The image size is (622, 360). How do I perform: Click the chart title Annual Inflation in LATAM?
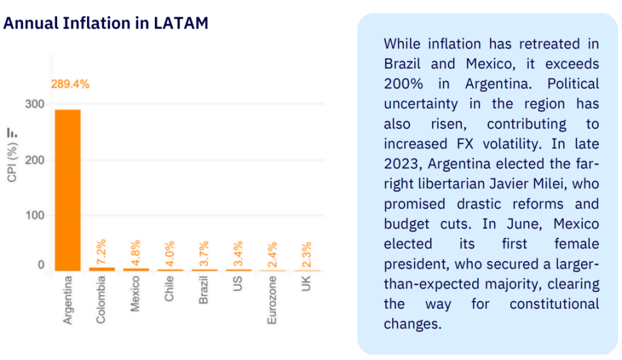pos(106,23)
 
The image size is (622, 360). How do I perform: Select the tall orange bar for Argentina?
pos(68,190)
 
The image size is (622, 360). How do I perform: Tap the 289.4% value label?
pos(70,84)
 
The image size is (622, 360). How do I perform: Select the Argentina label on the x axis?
pos(68,299)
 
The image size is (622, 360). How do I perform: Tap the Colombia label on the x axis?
pos(102,299)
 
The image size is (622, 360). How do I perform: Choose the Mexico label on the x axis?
pos(136,295)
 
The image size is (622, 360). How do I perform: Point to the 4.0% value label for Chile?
pos(170,253)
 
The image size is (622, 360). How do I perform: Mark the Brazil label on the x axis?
pos(203,291)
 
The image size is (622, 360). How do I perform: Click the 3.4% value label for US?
pos(238,253)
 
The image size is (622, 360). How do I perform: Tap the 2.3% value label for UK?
pos(306,254)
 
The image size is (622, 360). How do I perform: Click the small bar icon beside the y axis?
pos(12,132)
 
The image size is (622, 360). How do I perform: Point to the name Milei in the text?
pos(550,184)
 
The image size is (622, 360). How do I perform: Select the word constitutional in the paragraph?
pos(554,304)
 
